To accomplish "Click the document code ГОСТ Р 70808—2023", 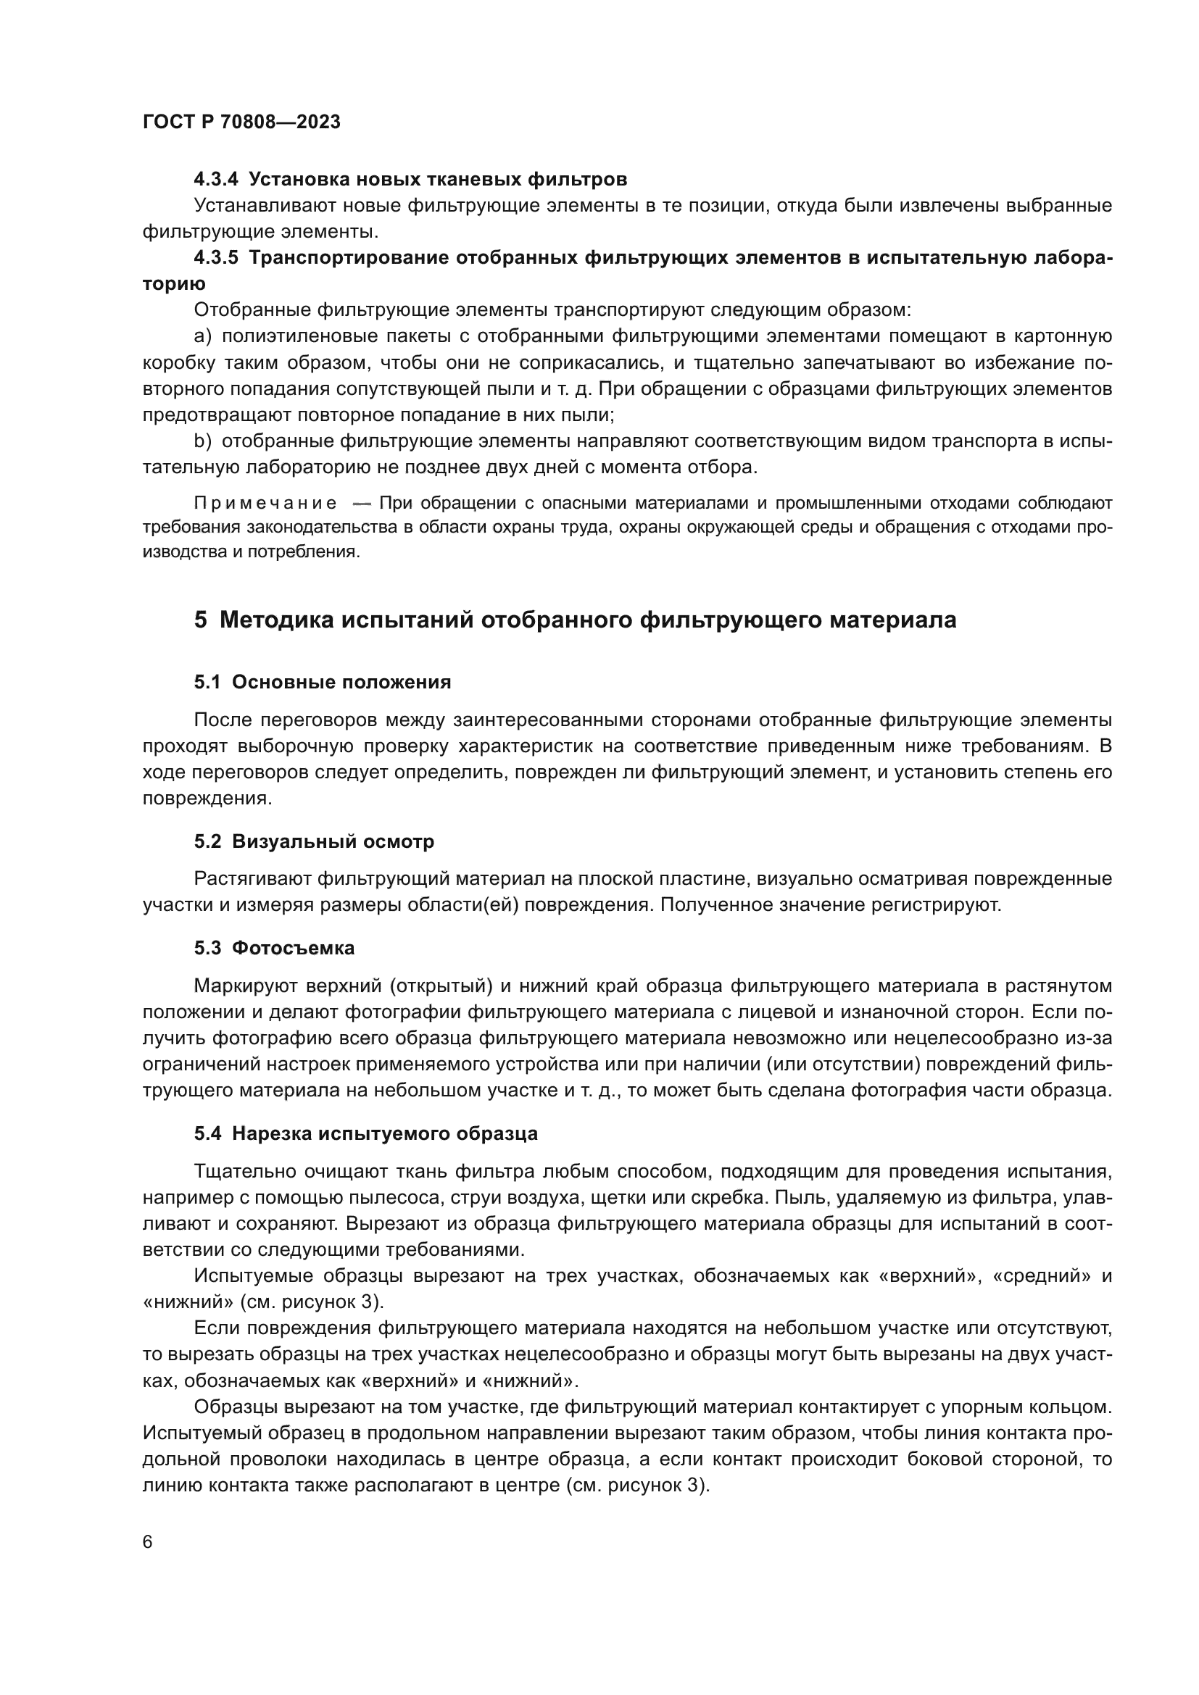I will [x=241, y=122].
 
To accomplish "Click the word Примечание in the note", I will [x=266, y=504].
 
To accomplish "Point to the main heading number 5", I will [x=200, y=620].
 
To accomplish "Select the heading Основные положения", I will [x=341, y=682].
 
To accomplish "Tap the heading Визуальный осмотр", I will [x=333, y=841].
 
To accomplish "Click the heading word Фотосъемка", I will [x=293, y=949].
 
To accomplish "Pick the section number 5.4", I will [x=207, y=1134].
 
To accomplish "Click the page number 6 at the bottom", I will [x=148, y=1542].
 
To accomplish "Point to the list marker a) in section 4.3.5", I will [x=203, y=337].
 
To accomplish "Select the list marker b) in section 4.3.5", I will [x=203, y=441].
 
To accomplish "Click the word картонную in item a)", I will [x=1063, y=337].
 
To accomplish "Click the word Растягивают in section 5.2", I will [x=251, y=879].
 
